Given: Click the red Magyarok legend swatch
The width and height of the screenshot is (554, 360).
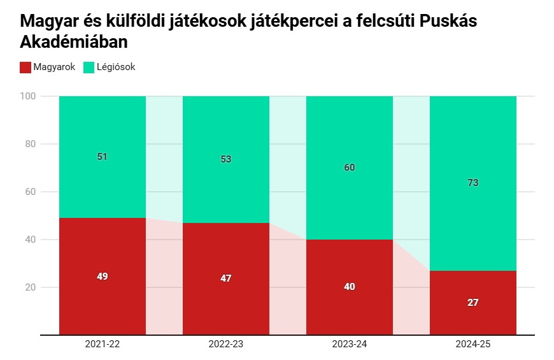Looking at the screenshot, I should coord(26,67).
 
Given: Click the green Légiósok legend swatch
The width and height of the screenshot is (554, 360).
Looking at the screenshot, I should coord(89,67).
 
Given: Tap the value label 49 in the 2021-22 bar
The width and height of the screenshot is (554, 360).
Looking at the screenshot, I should coord(103,277).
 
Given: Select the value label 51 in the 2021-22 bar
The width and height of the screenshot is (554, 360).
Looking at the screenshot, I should coord(103,156).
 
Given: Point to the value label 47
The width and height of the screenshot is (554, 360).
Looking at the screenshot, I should coord(226,278).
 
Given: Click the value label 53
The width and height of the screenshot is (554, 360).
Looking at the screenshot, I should coord(226,159).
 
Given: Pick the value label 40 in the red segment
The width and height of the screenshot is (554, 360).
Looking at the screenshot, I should coord(350,287).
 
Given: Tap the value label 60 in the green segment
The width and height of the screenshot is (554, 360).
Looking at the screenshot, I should coord(350,168).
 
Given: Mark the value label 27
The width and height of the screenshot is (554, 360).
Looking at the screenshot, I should coord(473,303).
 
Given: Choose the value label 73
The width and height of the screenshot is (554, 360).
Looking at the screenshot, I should coord(473,183).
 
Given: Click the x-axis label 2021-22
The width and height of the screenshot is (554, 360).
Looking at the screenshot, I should coord(103,344).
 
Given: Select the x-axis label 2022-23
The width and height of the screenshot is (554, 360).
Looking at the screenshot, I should coord(226,344).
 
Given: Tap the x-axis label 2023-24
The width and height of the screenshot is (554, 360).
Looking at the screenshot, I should coord(350,344).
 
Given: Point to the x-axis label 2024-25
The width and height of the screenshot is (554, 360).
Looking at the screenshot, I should coord(473,344).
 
